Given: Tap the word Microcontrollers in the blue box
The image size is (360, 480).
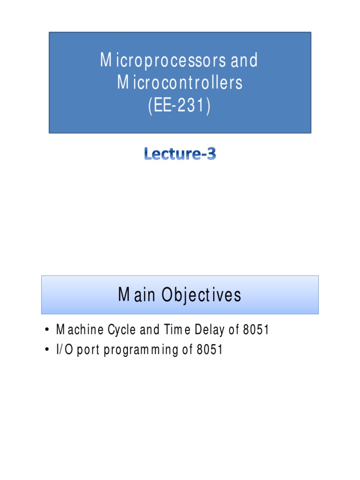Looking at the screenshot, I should point(180,83).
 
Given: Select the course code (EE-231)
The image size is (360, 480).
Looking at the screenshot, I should point(180,105).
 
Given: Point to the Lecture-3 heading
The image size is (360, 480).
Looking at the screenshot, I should point(180,154).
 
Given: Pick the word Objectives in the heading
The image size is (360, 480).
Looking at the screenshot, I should point(202,295).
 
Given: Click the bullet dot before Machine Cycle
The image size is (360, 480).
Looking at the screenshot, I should point(47,330).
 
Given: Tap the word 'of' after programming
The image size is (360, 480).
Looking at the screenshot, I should point(187,350).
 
